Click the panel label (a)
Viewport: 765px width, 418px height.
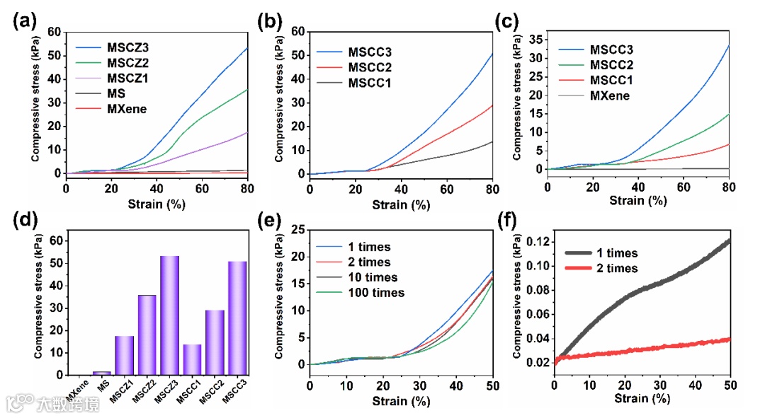(24, 21)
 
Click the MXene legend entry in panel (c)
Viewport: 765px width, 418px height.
(609, 95)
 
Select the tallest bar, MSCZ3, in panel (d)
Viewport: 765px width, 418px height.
(169, 315)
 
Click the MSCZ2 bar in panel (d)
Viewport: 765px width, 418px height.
(147, 335)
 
